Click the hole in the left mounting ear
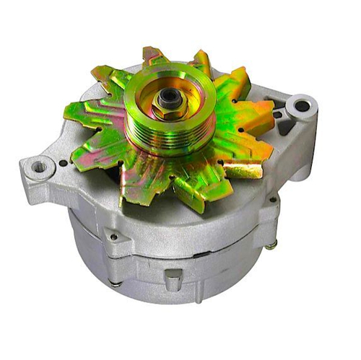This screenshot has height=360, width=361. tap(39, 167)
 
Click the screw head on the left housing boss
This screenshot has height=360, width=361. tap(113, 236)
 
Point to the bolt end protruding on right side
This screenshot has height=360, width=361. tap(270, 246)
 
